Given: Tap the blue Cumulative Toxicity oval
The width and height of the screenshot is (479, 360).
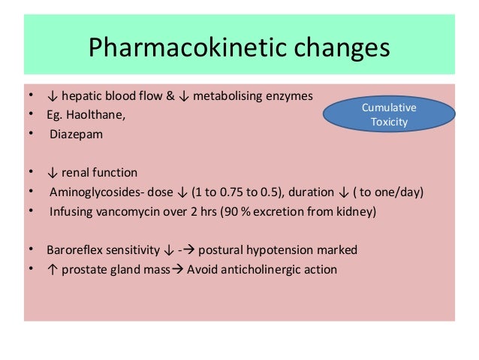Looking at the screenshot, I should click(389, 114).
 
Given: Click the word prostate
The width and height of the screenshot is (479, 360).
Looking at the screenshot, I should click(85, 269).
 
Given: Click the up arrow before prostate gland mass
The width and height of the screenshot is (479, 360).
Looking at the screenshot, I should click(51, 269).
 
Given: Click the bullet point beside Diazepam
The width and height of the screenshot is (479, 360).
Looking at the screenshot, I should click(30, 135).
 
